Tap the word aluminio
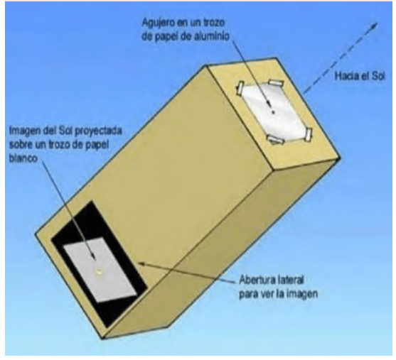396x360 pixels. tap(212, 36)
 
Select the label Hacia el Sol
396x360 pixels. tap(359, 76)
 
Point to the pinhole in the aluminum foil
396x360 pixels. tap(273, 112)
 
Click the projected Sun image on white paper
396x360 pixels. tap(99, 273)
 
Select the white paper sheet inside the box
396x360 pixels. tap(100, 269)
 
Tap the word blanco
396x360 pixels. tap(23, 158)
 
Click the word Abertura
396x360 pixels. tap(256, 280)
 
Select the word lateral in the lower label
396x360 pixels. tap(289, 280)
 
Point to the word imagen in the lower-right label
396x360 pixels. tap(302, 294)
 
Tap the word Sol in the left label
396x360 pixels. tap(66, 131)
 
